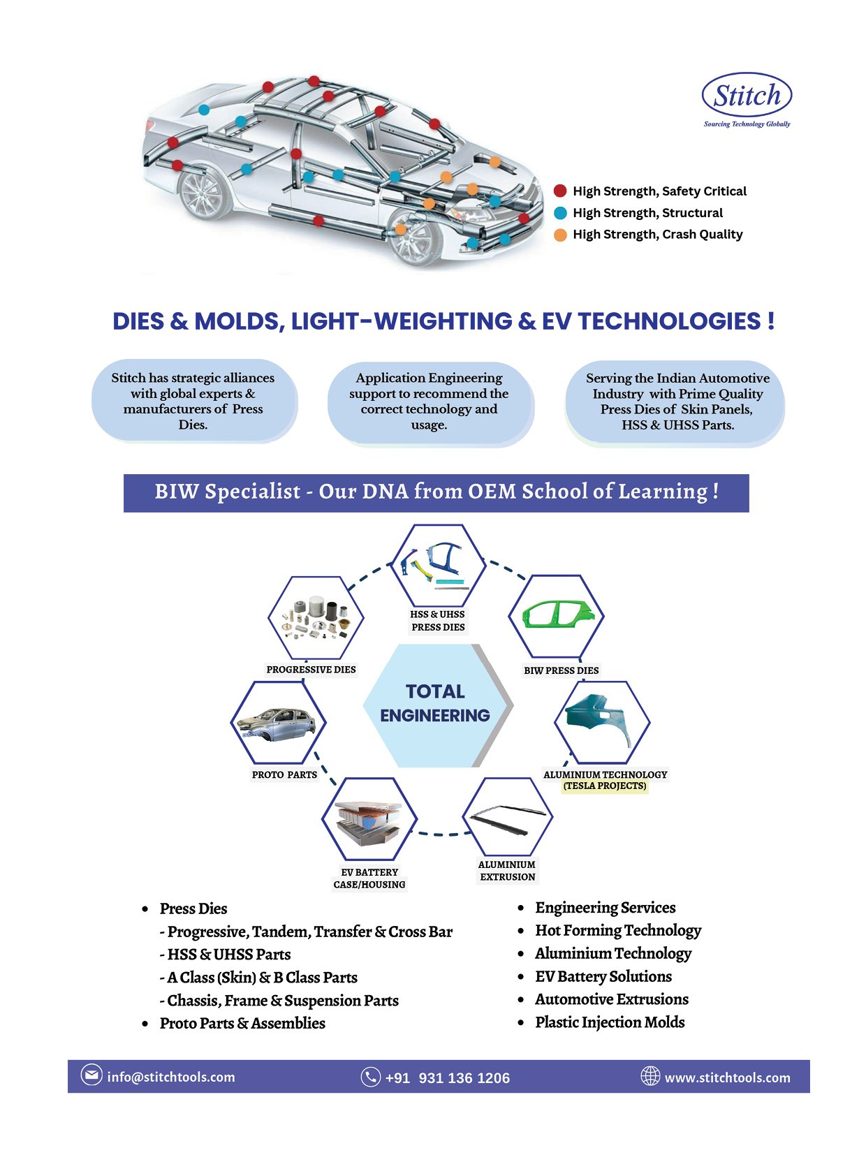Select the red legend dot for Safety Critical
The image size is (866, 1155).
pyautogui.click(x=560, y=191)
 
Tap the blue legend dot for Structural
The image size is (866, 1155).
pyautogui.click(x=560, y=213)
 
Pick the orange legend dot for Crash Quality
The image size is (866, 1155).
pyautogui.click(x=560, y=235)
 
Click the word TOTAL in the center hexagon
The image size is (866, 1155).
pyautogui.click(x=435, y=691)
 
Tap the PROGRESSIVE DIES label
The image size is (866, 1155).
pyautogui.click(x=311, y=670)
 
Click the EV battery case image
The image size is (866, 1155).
pyautogui.click(x=369, y=821)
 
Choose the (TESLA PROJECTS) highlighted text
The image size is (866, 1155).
pyautogui.click(x=605, y=786)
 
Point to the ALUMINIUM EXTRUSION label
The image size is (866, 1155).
pyautogui.click(x=507, y=871)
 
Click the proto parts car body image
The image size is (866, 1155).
pyautogui.click(x=277, y=723)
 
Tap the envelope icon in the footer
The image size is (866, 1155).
pyautogui.click(x=91, y=1075)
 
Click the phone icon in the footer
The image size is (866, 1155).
pyautogui.click(x=370, y=1077)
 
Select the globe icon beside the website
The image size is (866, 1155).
pyautogui.click(x=650, y=1076)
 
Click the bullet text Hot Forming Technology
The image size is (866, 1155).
pyautogui.click(x=617, y=930)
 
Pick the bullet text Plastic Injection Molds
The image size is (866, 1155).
pyautogui.click(x=609, y=1022)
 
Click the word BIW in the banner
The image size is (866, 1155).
pyautogui.click(x=178, y=492)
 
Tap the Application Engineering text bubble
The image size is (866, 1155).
pyautogui.click(x=429, y=402)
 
